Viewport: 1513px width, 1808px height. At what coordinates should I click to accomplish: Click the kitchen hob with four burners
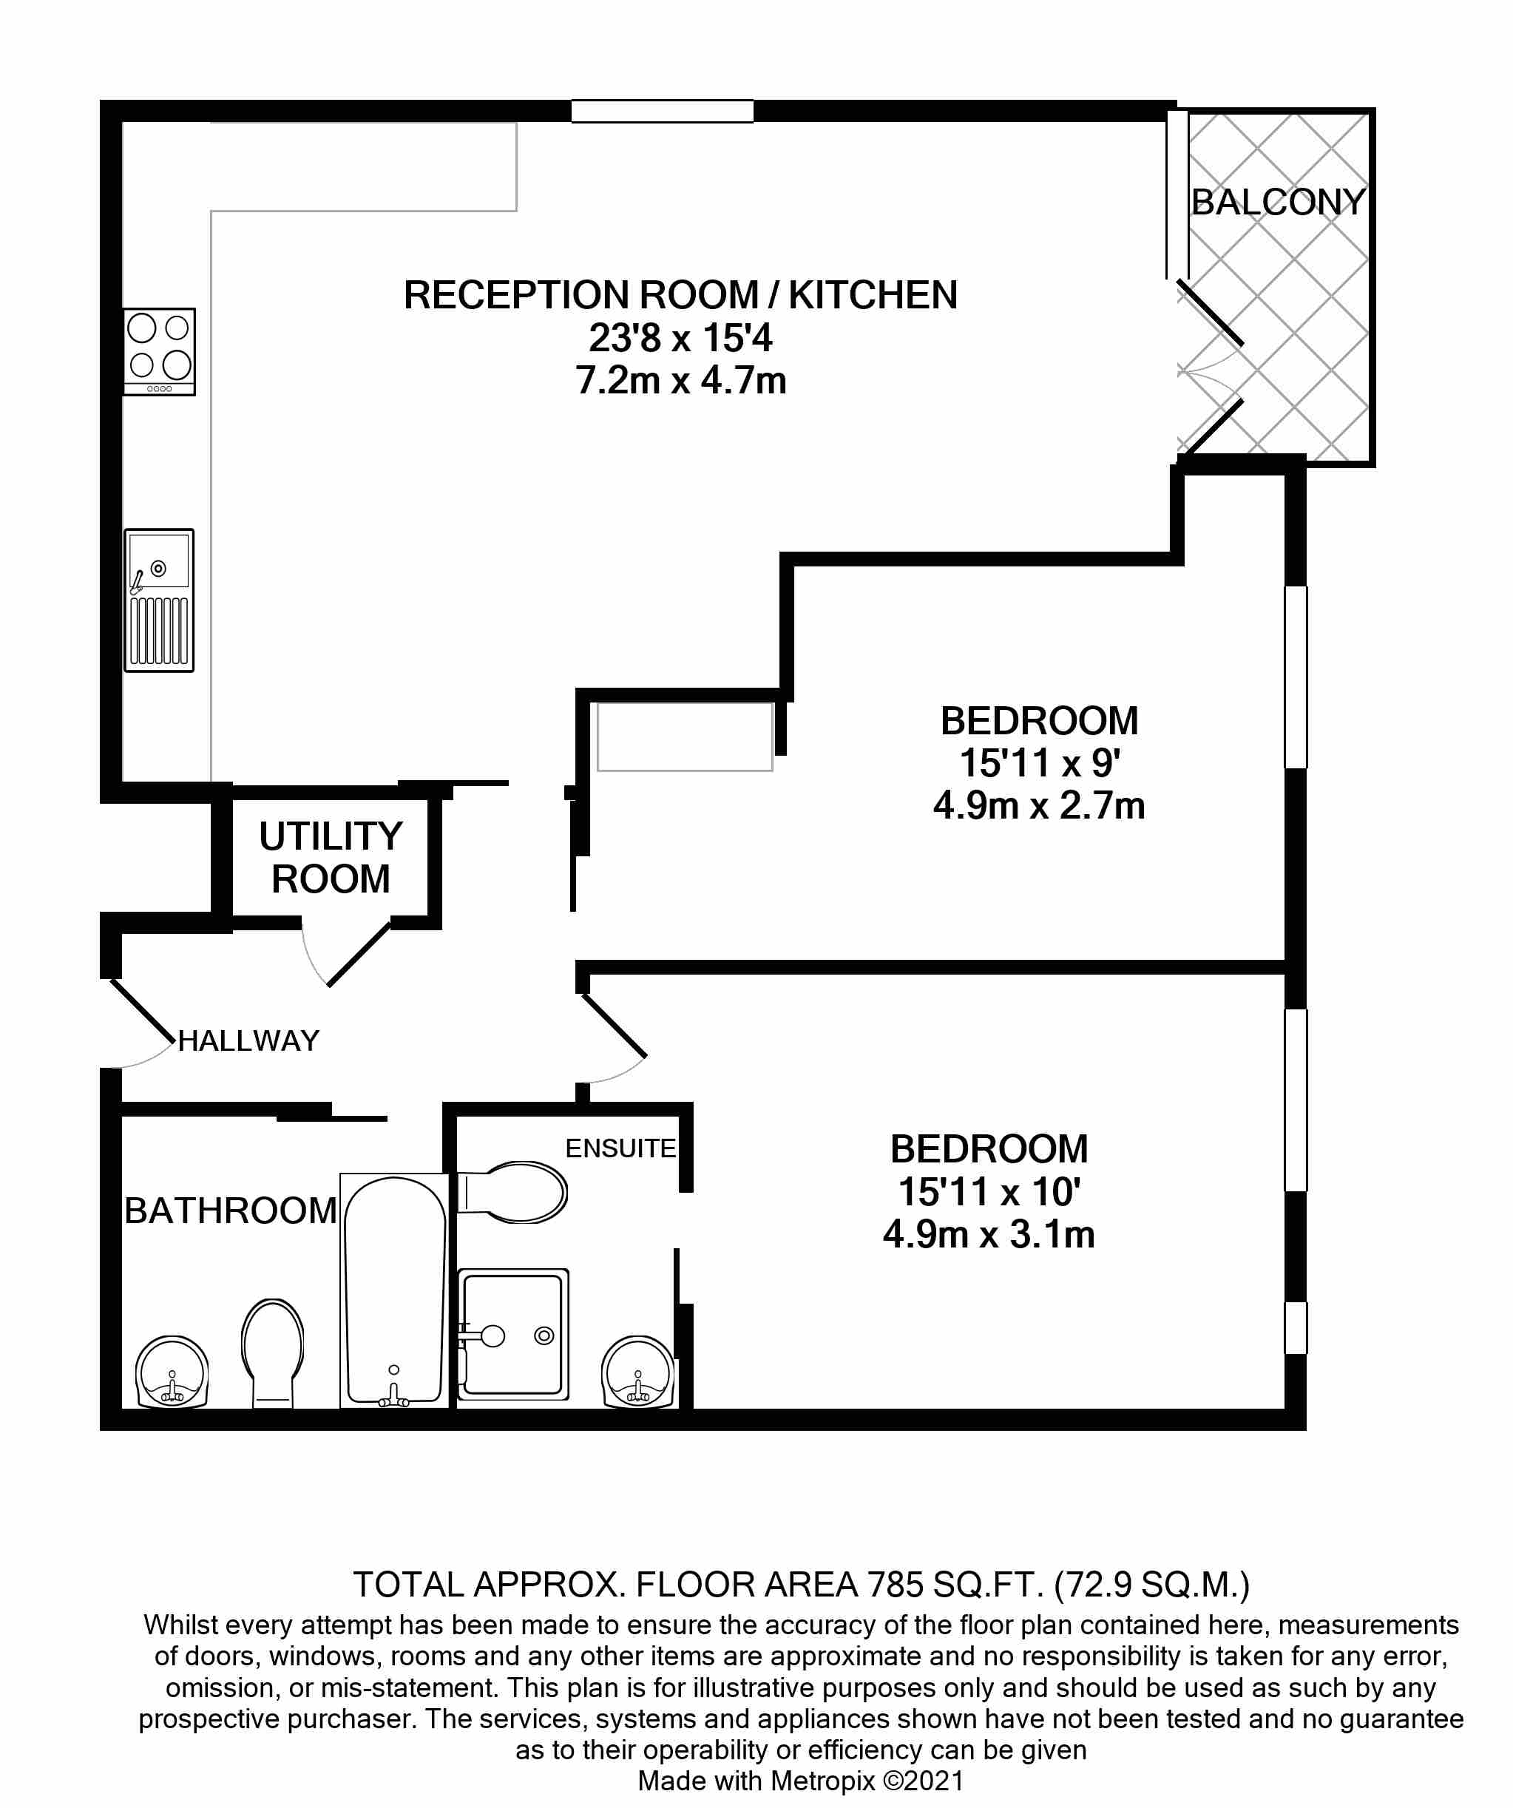pos(159,351)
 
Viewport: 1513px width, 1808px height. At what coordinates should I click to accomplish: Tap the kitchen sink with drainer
pos(159,600)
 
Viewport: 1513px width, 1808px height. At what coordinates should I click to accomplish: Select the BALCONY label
pos(1278,203)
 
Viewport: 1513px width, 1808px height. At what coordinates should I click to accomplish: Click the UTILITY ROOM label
pos(331,858)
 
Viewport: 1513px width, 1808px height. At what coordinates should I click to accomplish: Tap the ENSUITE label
pos(620,1148)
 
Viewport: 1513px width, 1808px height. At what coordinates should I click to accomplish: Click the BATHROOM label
pos(230,1211)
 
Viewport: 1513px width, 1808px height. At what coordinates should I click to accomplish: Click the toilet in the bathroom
pos(273,1352)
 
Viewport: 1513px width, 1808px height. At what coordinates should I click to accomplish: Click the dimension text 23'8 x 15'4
pos(680,339)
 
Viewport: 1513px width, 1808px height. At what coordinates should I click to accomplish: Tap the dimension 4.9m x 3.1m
pos(989,1235)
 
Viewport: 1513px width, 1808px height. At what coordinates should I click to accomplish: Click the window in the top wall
pos(662,111)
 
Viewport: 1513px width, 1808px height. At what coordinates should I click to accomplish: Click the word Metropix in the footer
pos(822,1780)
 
